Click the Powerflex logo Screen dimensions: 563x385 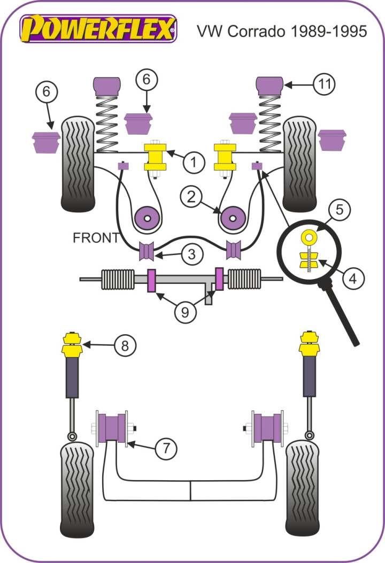pos(98,28)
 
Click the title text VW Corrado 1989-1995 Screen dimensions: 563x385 pos(282,31)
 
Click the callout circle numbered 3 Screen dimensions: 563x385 pos(191,255)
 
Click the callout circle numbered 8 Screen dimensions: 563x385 pos(125,346)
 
